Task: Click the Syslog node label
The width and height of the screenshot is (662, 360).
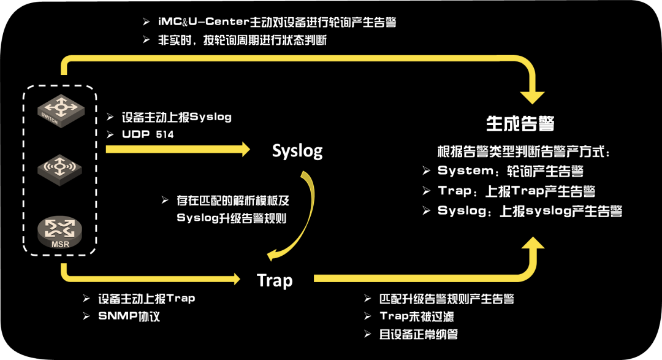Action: click(297, 151)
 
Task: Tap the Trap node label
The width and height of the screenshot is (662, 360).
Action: click(275, 280)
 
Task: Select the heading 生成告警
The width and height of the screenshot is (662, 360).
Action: click(520, 124)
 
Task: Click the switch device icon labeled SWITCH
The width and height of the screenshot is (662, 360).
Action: click(60, 111)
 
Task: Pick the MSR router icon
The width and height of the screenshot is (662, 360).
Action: click(60, 231)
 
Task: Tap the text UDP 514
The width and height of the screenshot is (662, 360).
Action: click(148, 134)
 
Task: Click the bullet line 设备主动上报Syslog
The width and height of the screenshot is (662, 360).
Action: click(177, 117)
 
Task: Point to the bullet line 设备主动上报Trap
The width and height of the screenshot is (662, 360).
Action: click(146, 299)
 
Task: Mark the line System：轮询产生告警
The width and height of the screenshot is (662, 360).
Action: click(510, 171)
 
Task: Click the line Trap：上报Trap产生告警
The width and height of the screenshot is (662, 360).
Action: click(517, 191)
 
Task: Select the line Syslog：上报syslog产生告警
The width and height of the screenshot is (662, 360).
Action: click(530, 211)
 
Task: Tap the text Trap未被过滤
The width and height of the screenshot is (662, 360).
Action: click(417, 316)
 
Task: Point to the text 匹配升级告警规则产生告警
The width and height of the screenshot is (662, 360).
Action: click(446, 299)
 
